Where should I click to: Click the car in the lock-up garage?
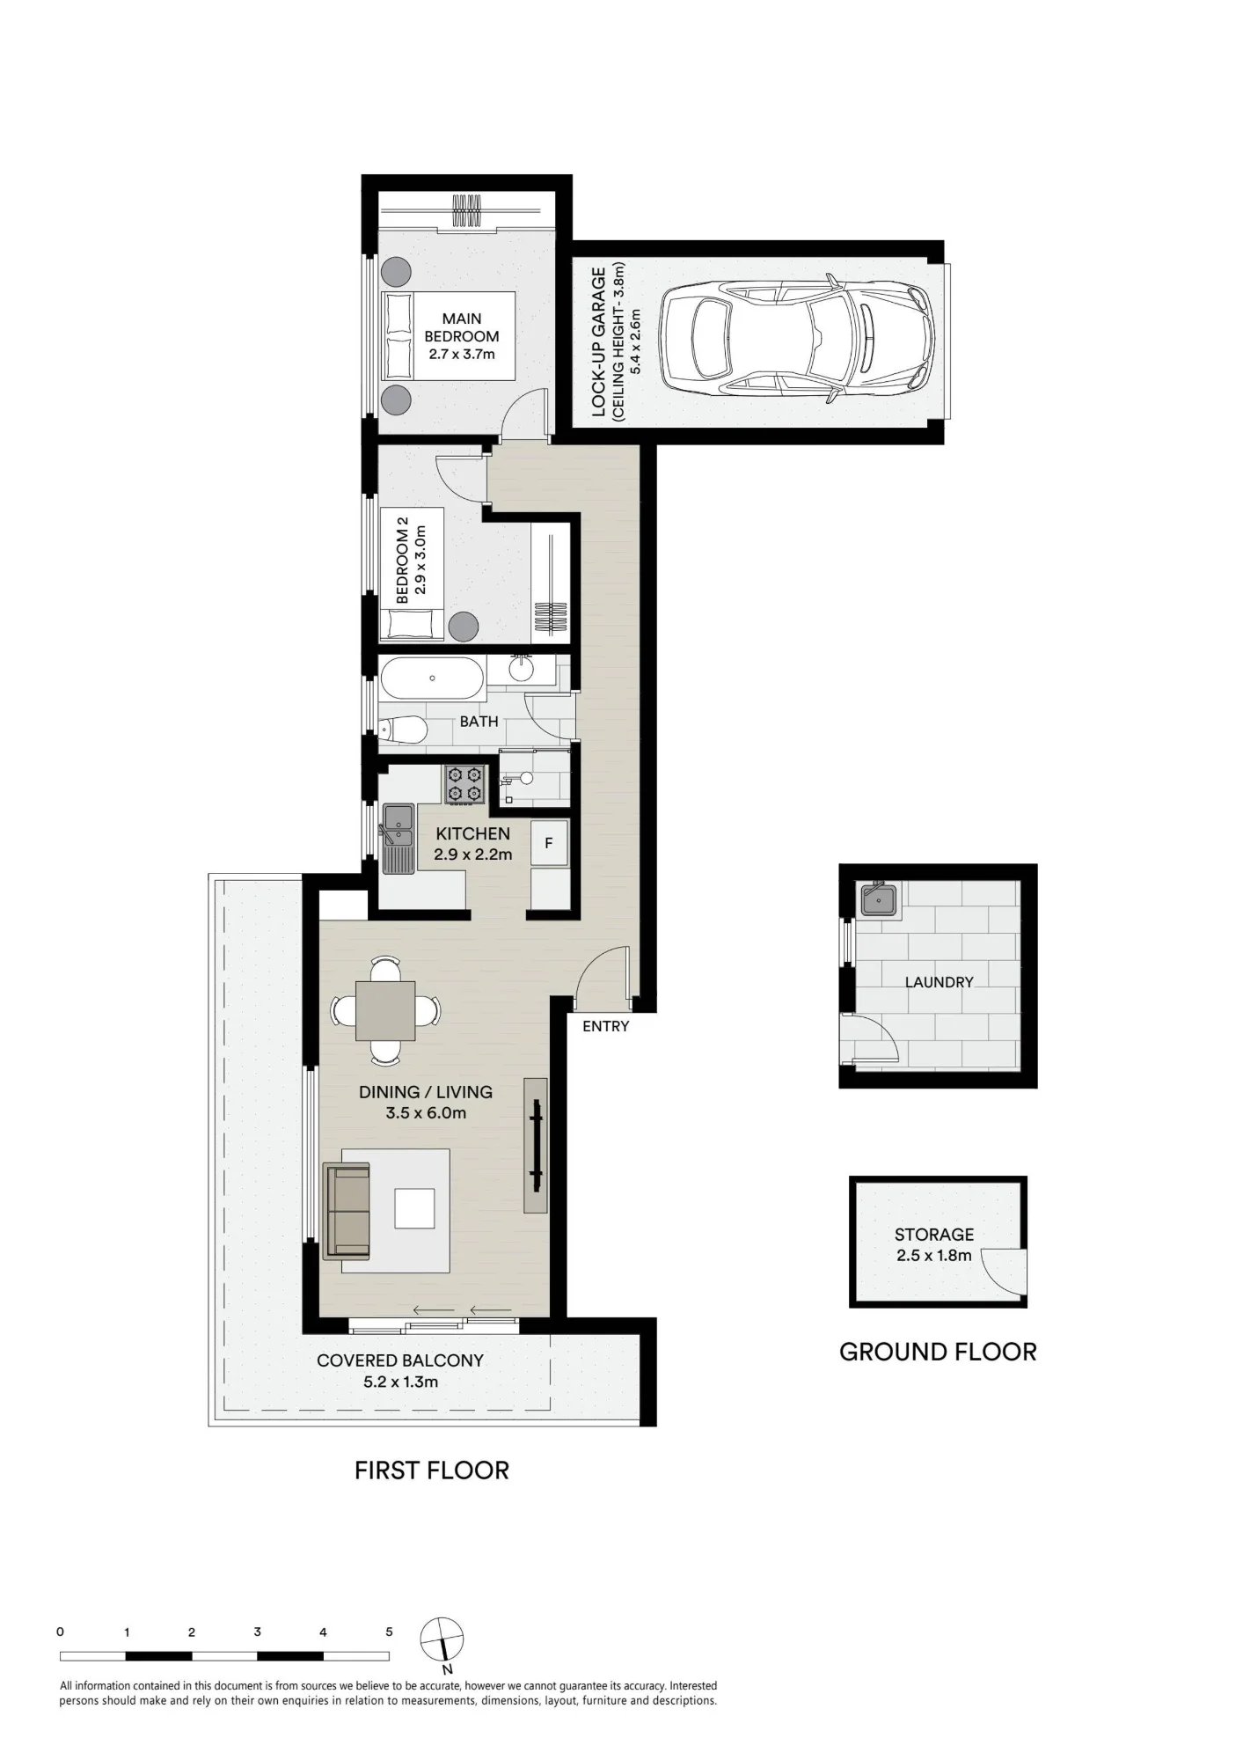coord(797,338)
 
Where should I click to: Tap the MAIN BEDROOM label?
coord(462,327)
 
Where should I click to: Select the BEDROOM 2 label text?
coord(402,561)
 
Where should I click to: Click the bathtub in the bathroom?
coord(432,678)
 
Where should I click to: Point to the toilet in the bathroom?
coord(404,730)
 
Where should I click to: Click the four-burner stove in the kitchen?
coord(465,784)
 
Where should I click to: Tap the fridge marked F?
coord(549,843)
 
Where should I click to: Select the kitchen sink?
coord(398,838)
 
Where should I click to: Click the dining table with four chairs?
coord(385,1010)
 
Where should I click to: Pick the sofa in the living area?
coord(347,1208)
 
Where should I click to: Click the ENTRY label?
coord(605,1026)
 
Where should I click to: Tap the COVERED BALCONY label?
coord(400,1360)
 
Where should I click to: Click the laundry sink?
coord(879,899)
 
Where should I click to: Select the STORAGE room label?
coord(934,1235)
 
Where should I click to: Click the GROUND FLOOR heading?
coord(938,1352)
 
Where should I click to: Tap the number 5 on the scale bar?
coord(389,1632)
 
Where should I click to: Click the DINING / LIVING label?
coord(426,1092)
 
